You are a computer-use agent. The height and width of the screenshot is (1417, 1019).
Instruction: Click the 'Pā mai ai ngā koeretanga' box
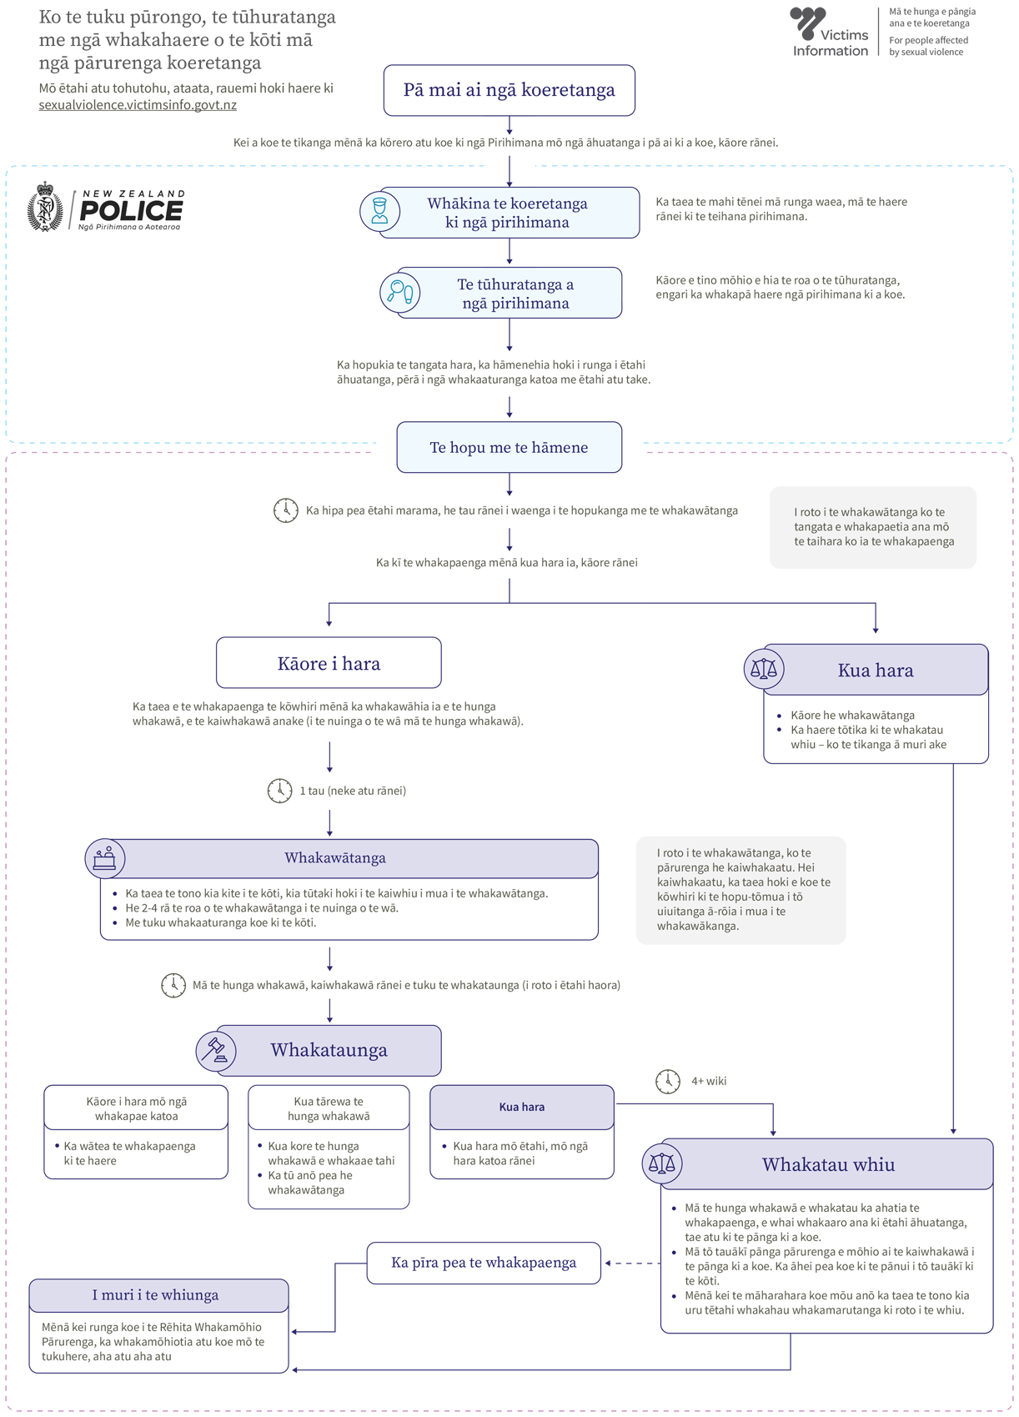click(509, 90)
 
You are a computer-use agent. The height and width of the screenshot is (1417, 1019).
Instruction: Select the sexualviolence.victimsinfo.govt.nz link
click(138, 105)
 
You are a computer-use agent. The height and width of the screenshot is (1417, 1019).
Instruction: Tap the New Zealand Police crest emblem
click(45, 207)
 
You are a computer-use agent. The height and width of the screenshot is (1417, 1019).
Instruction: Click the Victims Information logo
click(829, 33)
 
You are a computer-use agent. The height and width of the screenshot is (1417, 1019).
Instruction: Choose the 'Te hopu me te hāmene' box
click(509, 447)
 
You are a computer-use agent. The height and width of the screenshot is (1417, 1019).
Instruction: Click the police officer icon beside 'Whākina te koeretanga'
click(379, 211)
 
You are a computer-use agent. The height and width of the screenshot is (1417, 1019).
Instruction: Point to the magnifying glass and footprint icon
click(399, 292)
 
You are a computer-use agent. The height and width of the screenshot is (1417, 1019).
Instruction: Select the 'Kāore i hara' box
click(329, 663)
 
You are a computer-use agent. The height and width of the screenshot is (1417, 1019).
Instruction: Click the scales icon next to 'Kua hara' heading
click(764, 669)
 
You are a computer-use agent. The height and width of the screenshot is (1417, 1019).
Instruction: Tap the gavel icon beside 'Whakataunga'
click(216, 1051)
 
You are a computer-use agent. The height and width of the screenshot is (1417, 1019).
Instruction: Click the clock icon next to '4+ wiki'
click(667, 1081)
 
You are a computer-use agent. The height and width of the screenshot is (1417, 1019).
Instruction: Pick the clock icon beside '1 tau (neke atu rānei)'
click(279, 791)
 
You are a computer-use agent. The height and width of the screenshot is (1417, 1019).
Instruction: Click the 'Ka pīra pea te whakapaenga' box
click(484, 1263)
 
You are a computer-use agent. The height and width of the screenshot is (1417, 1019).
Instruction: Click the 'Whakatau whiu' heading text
click(828, 1164)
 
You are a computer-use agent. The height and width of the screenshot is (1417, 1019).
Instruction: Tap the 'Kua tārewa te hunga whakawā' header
click(329, 1108)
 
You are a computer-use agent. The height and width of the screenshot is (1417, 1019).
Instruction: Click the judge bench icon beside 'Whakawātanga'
click(105, 858)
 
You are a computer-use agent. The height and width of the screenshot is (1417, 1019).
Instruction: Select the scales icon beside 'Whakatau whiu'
click(661, 1163)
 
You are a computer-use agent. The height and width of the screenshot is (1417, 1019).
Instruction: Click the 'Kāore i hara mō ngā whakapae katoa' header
click(136, 1108)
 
